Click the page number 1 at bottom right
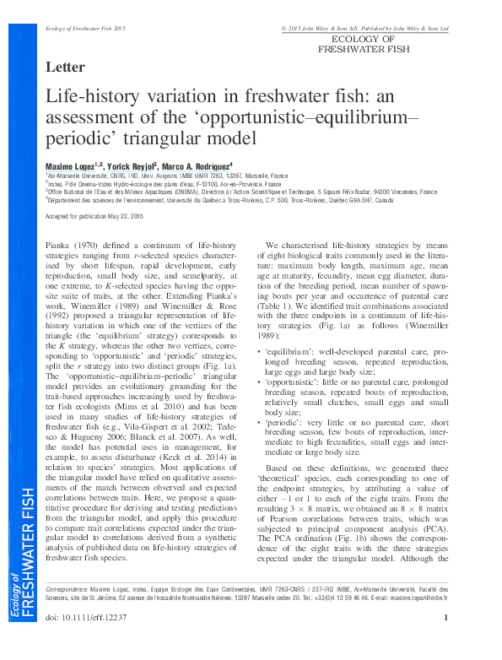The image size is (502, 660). point(445,642)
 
